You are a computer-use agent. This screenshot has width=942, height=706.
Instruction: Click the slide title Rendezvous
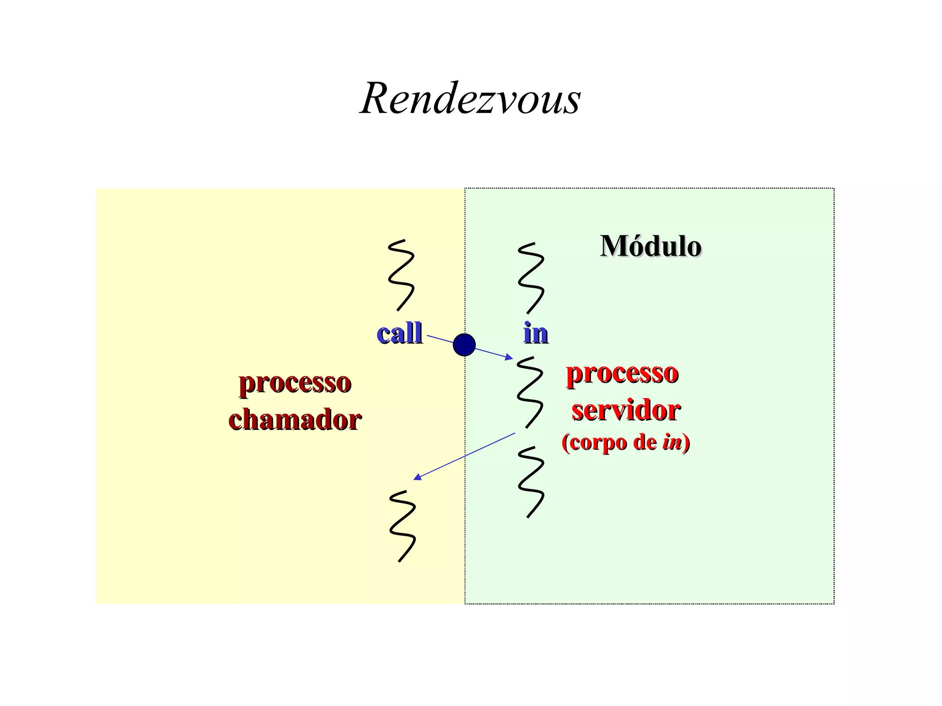click(x=470, y=98)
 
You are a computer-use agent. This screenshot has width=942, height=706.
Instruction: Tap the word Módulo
click(x=650, y=246)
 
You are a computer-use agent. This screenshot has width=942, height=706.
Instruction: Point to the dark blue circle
click(x=464, y=345)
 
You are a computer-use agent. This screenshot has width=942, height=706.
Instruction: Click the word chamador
click(x=295, y=420)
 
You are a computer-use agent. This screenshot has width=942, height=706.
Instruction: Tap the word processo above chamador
click(x=295, y=382)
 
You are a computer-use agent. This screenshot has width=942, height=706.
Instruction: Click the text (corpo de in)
click(x=626, y=442)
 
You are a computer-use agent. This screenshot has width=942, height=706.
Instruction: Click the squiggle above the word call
click(x=401, y=275)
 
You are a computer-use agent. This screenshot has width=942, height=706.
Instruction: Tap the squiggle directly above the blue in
click(x=531, y=278)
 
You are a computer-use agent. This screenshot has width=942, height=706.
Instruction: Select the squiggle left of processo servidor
click(x=530, y=392)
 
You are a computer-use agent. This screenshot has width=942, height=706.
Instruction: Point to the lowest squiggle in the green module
click(x=531, y=482)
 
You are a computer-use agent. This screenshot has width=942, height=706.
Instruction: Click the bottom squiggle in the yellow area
click(x=402, y=526)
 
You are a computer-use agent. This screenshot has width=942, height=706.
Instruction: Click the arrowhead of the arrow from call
click(x=509, y=357)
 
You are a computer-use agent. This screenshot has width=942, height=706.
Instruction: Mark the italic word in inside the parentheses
click(x=672, y=442)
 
